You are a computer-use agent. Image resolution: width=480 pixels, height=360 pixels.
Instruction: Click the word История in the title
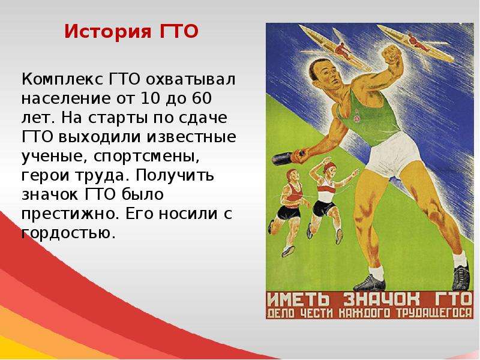tap(108, 32)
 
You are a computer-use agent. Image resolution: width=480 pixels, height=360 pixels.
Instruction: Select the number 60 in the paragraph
tap(202, 98)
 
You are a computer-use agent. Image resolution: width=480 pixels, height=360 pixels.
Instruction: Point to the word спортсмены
tap(146, 157)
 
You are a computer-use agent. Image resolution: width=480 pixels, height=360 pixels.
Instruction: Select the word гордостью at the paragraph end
tap(69, 234)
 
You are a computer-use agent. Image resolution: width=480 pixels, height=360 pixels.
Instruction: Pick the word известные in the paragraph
tap(191, 137)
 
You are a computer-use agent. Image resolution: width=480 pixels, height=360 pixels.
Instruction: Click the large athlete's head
tap(325, 74)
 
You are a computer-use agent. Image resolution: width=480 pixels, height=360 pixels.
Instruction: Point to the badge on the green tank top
tap(356, 118)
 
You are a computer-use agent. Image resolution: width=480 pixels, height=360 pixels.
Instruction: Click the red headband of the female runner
tap(329, 167)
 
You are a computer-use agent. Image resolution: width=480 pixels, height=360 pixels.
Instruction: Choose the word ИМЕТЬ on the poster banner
tap(298, 299)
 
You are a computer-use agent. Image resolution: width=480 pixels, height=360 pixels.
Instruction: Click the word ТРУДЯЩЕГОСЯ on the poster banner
tap(434, 313)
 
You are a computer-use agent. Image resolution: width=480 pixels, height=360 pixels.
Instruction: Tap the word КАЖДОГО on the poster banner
tap(364, 313)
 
